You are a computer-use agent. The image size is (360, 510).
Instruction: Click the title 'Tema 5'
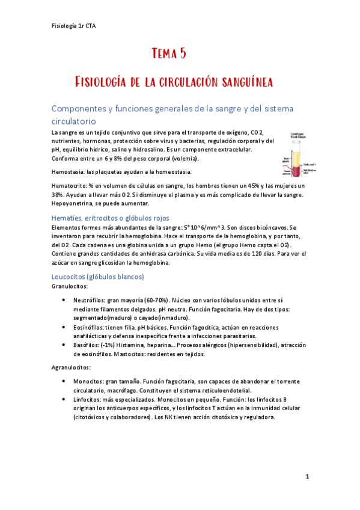(x=169, y=54)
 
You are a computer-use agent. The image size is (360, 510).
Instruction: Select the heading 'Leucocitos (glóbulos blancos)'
(x=97, y=277)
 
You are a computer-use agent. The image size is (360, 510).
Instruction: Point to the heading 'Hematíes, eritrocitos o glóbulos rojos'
(x=111, y=218)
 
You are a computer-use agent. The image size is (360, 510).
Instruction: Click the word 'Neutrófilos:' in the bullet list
(x=90, y=300)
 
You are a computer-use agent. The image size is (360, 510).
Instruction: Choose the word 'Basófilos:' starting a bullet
(x=87, y=345)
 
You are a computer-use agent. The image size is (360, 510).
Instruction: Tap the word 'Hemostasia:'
(x=69, y=172)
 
